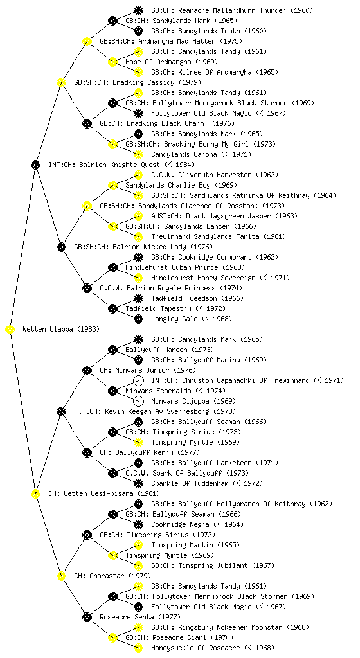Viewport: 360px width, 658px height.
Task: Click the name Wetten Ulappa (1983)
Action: [x=61, y=329]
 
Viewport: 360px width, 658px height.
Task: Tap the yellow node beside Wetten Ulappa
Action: [x=10, y=329]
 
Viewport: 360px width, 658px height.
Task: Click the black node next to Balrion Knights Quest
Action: [x=35, y=164]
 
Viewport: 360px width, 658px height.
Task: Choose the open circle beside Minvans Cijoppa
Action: [x=138, y=401]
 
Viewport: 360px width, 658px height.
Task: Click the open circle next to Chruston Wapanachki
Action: [x=138, y=380]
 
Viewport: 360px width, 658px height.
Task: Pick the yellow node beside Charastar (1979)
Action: [x=61, y=576]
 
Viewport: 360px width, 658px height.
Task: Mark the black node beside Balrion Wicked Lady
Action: [x=61, y=247]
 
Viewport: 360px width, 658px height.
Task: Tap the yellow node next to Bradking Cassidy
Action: [x=61, y=82]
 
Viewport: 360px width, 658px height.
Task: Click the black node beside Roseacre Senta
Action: [x=87, y=617]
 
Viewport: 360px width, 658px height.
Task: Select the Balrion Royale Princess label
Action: [x=171, y=288]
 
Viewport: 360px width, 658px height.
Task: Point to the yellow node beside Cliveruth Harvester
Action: [x=138, y=175]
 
